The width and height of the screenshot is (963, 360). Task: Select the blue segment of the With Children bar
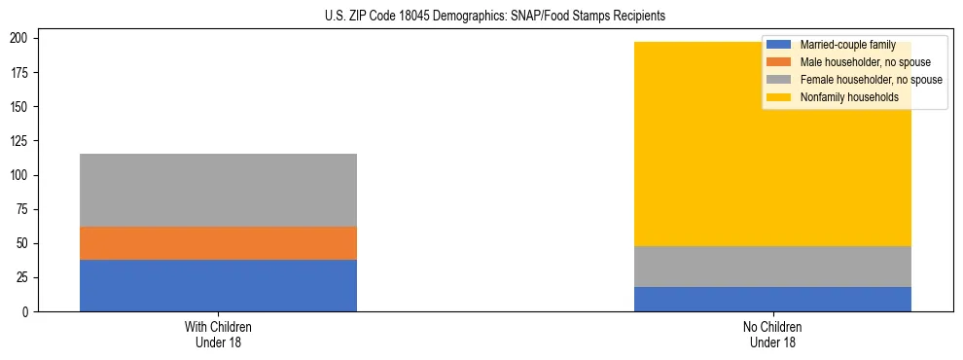pyautogui.click(x=218, y=285)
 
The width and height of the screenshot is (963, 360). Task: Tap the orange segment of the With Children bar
pyautogui.click(x=218, y=243)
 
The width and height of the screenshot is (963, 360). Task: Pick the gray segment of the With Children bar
pyautogui.click(x=218, y=190)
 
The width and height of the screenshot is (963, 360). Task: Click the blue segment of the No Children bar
pyautogui.click(x=772, y=299)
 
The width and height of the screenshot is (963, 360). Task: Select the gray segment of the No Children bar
pyautogui.click(x=772, y=267)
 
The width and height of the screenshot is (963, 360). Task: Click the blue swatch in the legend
pyautogui.click(x=779, y=45)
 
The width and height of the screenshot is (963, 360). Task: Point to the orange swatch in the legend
pyautogui.click(x=779, y=62)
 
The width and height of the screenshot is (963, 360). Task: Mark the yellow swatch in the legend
pyautogui.click(x=779, y=97)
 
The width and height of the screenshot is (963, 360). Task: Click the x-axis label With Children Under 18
pyautogui.click(x=218, y=334)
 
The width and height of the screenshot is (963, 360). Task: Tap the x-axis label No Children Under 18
pyautogui.click(x=772, y=334)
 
